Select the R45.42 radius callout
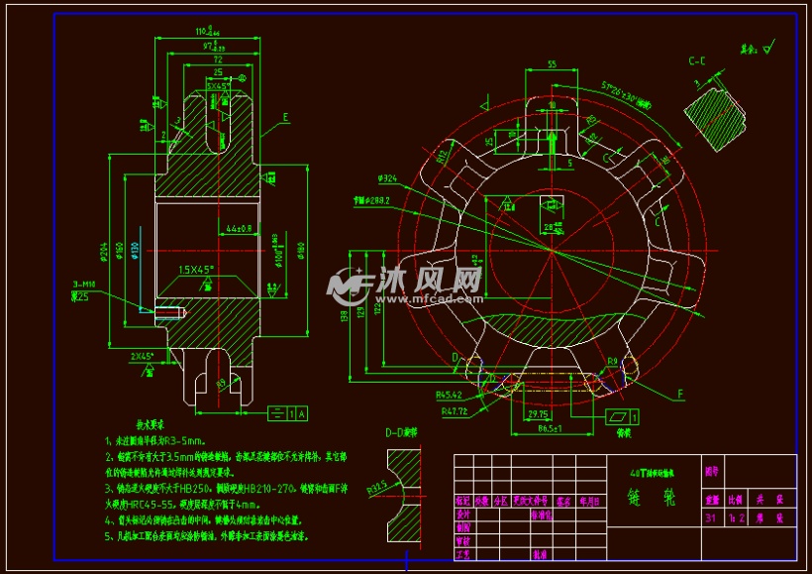453,395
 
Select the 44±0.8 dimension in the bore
238,228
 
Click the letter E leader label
285,117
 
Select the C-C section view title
697,61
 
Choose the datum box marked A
300,411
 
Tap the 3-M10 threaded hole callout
86,285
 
